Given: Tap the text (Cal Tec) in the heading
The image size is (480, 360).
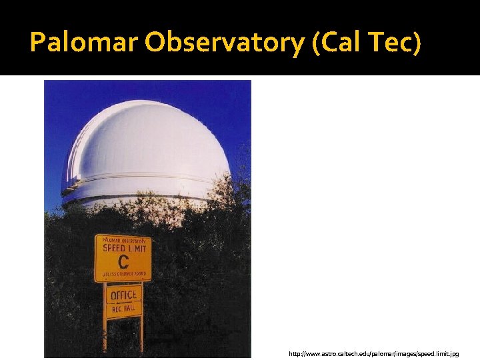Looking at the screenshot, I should tap(367, 43).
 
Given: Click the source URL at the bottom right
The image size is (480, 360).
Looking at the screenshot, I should tap(373, 353).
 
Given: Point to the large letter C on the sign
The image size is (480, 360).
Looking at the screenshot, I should tap(123, 261).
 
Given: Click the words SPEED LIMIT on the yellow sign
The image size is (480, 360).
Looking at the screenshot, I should tap(123, 248).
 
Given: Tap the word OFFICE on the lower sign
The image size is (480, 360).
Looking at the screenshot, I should tap(123, 295).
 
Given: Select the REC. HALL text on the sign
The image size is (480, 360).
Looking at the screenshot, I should tap(123, 308).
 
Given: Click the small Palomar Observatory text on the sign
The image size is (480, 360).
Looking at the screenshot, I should tap(123, 240).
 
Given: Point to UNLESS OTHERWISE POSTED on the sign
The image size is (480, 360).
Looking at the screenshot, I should tap(123, 273).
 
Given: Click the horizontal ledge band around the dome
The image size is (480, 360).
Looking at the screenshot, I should tap(147, 181).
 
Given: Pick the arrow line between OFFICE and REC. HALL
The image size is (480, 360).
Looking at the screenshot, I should tap(123, 302).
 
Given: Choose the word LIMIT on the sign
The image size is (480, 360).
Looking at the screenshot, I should tap(136, 248).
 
